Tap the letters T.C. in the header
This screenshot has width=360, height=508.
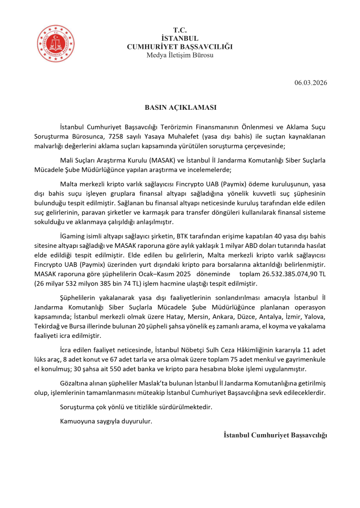[180, 30]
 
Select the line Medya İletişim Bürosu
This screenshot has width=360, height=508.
[180, 55]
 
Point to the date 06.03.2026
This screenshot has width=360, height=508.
[311, 83]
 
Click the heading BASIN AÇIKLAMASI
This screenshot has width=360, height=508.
[180, 107]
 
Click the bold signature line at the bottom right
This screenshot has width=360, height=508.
[275, 435]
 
